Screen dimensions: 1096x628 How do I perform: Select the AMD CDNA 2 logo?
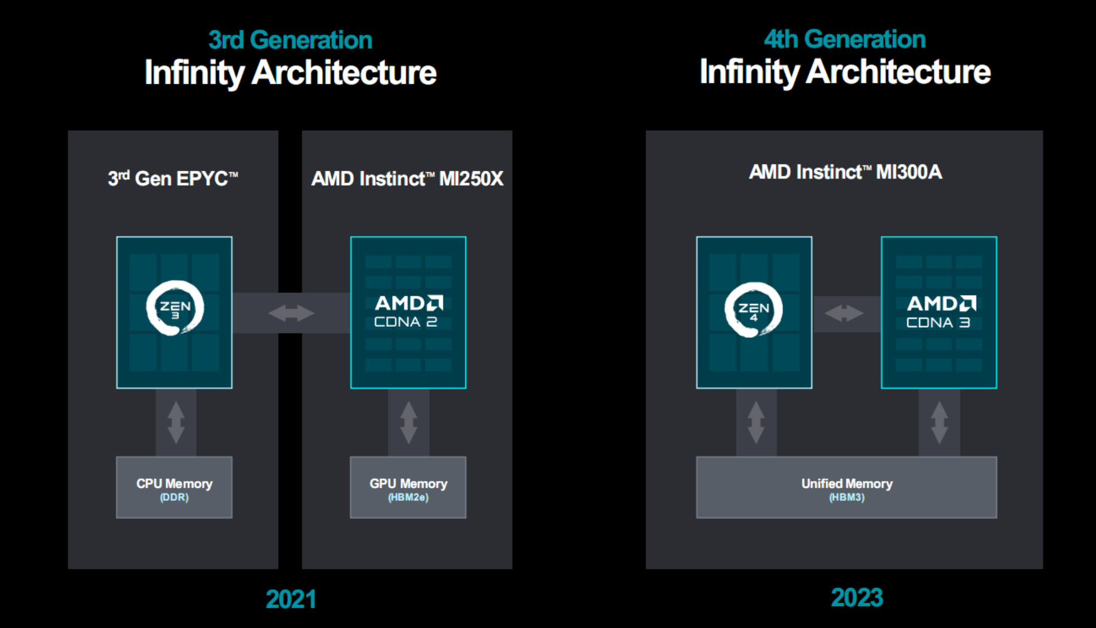408,311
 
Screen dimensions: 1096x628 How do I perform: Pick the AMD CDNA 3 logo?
941,312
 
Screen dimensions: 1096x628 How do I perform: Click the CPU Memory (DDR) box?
174,487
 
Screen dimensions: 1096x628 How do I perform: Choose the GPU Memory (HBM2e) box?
408,487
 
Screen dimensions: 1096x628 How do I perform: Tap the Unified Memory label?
847,484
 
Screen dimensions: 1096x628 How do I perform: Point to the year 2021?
291,599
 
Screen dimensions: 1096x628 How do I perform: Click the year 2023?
857,598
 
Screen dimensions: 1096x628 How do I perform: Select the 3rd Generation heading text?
291,40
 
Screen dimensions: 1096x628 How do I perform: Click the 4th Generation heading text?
845,39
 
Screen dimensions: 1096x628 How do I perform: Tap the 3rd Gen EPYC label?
173,179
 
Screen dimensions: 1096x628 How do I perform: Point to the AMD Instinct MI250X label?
407,179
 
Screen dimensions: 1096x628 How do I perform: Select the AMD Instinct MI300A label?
845,172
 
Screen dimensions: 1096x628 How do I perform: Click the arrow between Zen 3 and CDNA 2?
291,313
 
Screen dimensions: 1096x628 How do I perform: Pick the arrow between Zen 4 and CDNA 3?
844,313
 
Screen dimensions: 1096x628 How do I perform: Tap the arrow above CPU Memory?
176,422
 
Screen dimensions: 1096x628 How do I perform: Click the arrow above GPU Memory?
408,422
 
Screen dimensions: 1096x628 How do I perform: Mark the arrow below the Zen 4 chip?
756,422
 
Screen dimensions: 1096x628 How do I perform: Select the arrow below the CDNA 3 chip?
939,422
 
